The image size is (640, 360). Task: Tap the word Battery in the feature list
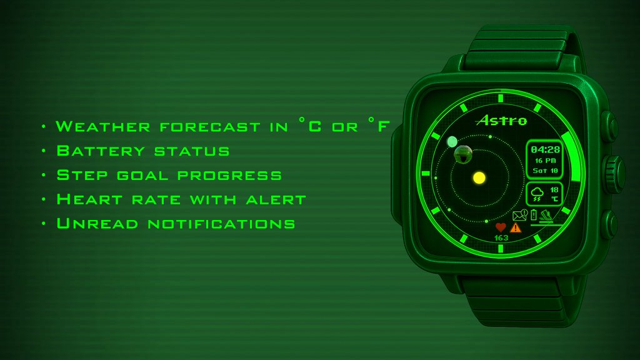click(x=101, y=151)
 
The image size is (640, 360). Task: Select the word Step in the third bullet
click(x=82, y=175)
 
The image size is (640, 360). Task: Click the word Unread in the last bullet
click(x=97, y=223)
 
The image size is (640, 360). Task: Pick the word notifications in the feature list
click(x=222, y=224)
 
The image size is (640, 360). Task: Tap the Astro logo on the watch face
click(x=502, y=120)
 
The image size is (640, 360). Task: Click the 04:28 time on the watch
click(x=545, y=149)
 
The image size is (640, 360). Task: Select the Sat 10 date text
click(x=545, y=171)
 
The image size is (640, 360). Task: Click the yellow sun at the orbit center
click(x=479, y=178)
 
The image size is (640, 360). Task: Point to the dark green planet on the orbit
click(x=463, y=154)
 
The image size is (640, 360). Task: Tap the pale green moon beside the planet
click(x=452, y=142)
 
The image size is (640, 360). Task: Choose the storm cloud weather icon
click(x=537, y=194)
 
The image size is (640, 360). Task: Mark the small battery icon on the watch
click(x=534, y=214)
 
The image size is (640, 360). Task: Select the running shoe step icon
click(x=546, y=215)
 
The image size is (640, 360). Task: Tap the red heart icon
click(x=501, y=227)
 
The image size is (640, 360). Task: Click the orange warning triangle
click(x=516, y=227)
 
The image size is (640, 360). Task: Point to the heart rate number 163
click(x=501, y=238)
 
